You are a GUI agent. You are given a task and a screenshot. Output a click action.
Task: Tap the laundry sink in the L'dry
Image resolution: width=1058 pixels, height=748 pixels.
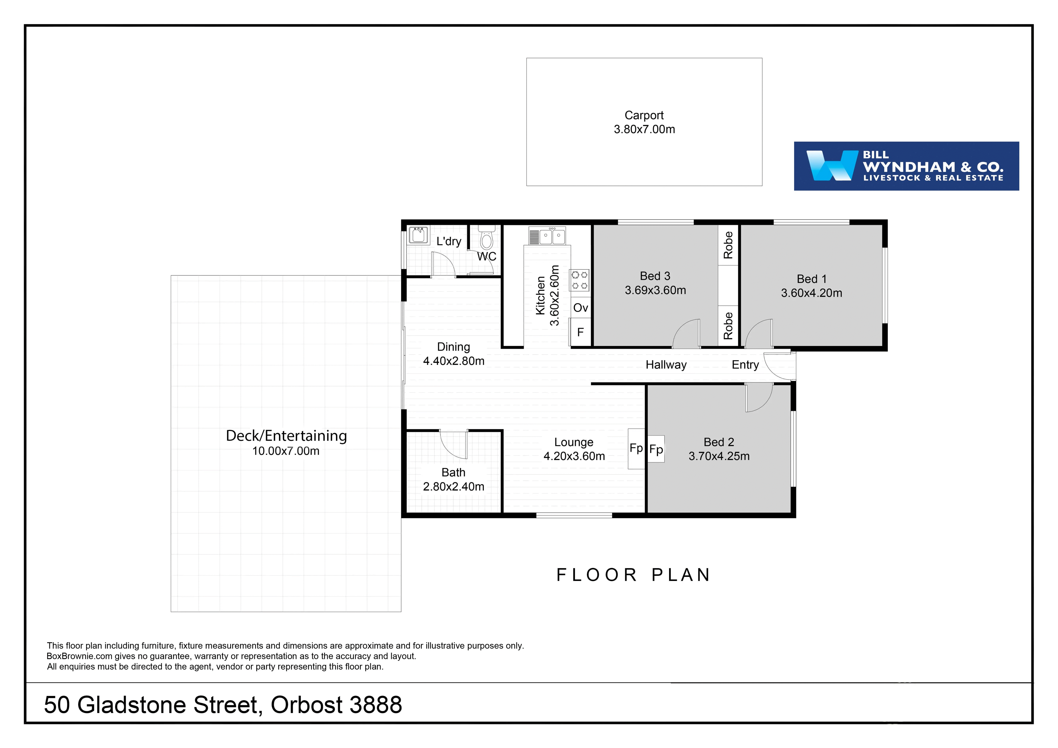point(418,235)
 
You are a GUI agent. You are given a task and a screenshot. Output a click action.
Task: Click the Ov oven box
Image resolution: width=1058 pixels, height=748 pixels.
point(581,307)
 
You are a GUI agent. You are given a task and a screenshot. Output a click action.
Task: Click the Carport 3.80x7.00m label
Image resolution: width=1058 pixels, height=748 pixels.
point(644,122)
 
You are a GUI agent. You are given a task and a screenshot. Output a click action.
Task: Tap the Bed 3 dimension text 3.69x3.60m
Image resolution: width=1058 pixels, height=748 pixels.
point(655,290)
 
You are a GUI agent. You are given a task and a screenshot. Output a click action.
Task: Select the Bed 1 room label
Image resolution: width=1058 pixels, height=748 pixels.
point(812,279)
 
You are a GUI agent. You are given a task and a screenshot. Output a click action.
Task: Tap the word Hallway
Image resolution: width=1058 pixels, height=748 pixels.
point(666,365)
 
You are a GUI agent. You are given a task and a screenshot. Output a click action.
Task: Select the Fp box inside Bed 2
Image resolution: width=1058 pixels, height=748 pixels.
point(656,449)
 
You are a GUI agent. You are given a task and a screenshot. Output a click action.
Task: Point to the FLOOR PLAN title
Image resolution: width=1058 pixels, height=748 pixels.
point(634,575)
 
